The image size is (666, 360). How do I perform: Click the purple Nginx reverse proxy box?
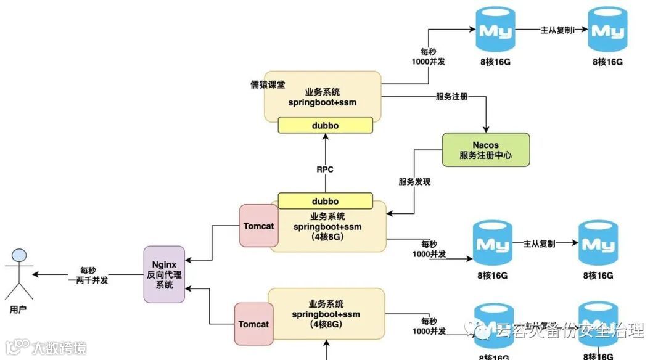coord(164,274)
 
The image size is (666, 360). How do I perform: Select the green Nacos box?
coord(486,149)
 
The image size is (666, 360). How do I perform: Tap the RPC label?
coord(325,170)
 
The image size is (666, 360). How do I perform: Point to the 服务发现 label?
coord(414,182)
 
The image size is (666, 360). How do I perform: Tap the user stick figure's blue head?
coord(20,255)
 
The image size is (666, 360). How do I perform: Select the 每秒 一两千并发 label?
coord(88,275)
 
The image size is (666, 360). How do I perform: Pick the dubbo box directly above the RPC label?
coord(326,126)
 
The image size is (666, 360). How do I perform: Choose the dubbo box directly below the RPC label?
coord(326,201)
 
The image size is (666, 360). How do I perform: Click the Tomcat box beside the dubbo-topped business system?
coord(258,226)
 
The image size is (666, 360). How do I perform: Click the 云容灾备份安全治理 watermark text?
coord(569,331)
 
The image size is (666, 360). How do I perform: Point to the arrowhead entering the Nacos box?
coord(486,129)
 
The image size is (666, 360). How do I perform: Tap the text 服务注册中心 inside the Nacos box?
coord(486,156)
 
